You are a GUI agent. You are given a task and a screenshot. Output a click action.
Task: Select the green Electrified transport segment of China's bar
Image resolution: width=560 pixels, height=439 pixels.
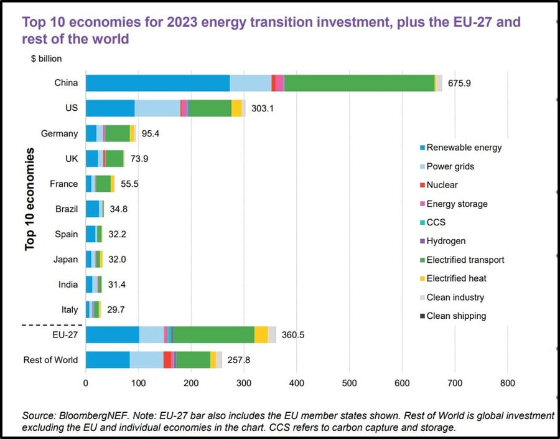coord(359,83)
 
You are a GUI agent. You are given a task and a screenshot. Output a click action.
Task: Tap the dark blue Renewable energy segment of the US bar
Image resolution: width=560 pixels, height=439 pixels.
coord(110,108)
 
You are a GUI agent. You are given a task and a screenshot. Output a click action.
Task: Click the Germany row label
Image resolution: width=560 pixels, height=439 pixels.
coord(59,133)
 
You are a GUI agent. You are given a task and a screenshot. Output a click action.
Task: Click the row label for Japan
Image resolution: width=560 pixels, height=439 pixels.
coord(65,259)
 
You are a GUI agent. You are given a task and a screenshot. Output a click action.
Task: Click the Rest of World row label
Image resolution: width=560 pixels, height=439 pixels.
coord(50,360)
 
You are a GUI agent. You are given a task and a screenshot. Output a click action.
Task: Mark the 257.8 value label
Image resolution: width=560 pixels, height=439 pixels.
coord(238,360)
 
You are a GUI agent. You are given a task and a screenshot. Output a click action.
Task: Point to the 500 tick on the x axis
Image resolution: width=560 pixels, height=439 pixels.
coord(349,384)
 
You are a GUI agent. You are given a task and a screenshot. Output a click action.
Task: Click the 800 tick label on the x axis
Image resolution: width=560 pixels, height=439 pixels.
coord(508,384)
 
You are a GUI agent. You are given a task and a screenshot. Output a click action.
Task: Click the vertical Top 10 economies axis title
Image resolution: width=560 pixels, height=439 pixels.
coord(29,199)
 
